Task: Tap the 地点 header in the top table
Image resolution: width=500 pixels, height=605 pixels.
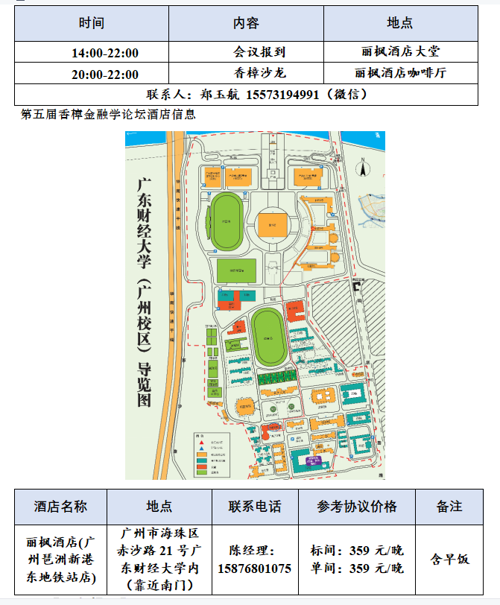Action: point(400,23)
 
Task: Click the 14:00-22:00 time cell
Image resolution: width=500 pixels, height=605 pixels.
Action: point(105,53)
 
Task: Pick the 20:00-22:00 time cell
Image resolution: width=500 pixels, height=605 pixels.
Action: point(105,74)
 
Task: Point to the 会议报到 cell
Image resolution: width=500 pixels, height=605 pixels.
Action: point(260,52)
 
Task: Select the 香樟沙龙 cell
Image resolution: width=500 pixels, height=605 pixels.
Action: point(260,73)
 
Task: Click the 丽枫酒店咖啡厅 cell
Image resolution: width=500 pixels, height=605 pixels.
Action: point(401,73)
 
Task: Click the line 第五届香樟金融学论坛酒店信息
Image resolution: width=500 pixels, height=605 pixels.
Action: point(109,114)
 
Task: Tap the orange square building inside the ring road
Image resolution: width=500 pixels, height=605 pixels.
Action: point(273,223)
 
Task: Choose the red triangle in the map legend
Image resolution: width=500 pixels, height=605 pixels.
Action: point(201,442)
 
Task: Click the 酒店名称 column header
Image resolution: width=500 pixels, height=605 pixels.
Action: point(60,507)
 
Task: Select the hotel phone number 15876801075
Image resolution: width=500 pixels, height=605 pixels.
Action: point(254,568)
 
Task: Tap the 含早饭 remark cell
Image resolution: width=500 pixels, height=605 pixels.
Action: point(449,560)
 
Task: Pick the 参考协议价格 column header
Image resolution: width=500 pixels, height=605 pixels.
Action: point(356,507)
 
